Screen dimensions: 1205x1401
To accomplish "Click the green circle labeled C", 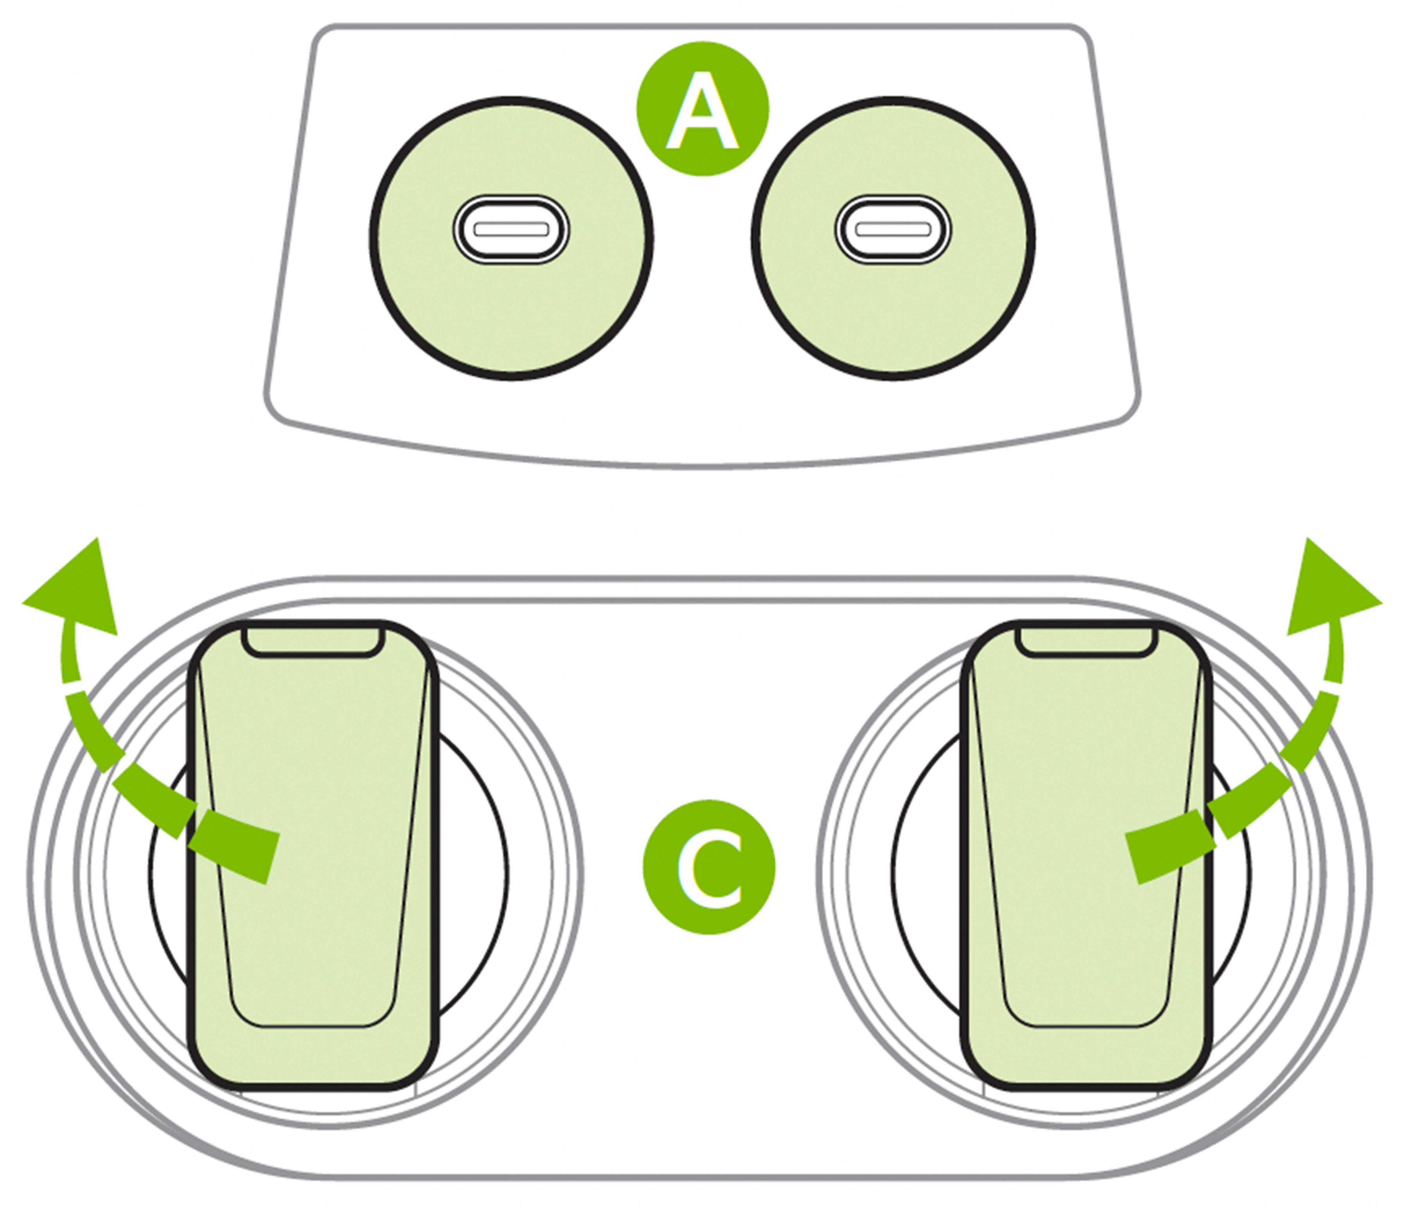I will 709,867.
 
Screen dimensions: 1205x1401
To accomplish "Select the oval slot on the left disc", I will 511,229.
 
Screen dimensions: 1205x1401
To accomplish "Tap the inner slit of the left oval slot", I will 511,229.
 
